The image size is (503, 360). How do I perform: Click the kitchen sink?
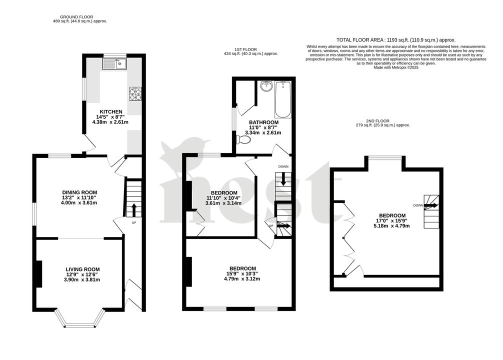114,63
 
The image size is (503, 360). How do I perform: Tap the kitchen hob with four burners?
135,93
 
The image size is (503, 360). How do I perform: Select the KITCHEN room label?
110,111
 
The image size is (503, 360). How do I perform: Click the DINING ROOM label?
79,192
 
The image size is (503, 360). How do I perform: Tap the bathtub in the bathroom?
282,99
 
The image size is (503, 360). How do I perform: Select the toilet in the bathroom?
243,140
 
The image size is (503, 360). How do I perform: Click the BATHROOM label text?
264,122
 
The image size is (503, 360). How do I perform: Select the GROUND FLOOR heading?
80,17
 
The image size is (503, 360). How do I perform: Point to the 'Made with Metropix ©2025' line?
395,67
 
